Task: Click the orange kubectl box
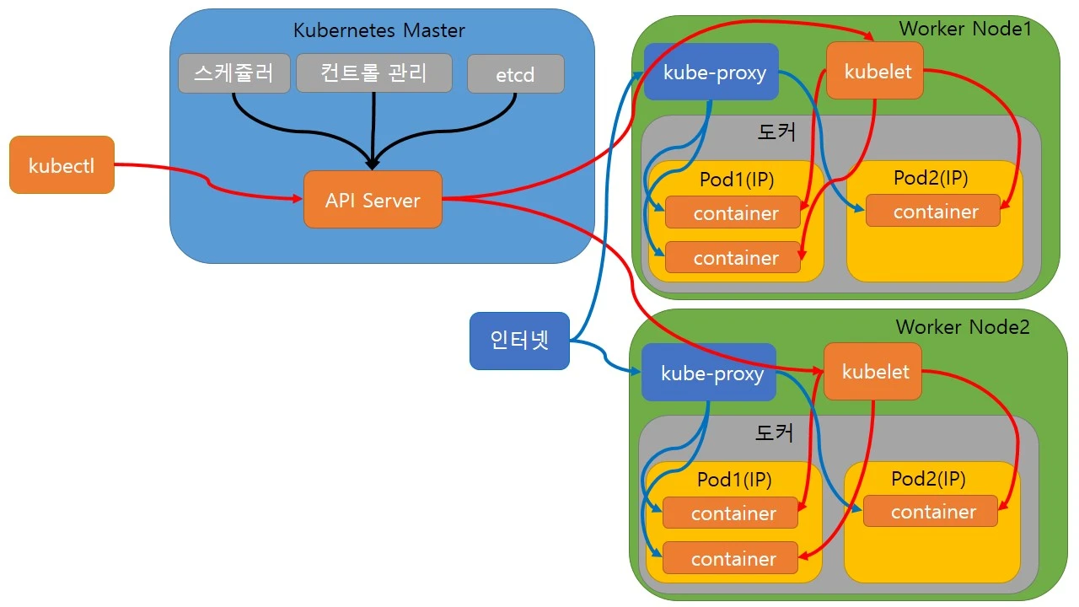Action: (x=62, y=165)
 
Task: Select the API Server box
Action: (x=373, y=200)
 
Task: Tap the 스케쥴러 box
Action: (x=234, y=73)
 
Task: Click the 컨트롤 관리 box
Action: (x=373, y=73)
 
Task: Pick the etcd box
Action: (x=515, y=74)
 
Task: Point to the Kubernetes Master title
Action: (x=378, y=30)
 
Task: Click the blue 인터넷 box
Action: (x=519, y=341)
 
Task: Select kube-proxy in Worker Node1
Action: (x=714, y=72)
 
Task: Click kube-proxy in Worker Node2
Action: (x=711, y=373)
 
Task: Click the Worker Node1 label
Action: (x=965, y=28)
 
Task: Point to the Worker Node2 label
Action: (x=963, y=326)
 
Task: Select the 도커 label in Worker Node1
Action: (x=776, y=132)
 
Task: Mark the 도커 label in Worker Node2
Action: (x=773, y=432)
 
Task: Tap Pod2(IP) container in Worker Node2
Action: (x=933, y=512)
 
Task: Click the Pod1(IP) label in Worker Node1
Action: (x=737, y=179)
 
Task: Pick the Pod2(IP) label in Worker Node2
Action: (x=928, y=479)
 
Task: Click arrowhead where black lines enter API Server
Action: (x=372, y=164)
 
